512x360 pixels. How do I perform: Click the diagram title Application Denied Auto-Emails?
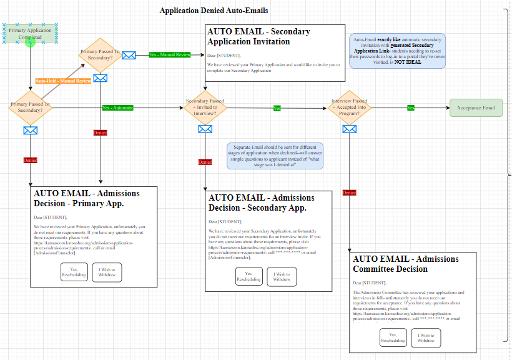click(214, 11)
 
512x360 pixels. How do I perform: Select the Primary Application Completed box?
click(30, 34)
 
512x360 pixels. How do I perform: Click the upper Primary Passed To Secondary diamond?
click(101, 55)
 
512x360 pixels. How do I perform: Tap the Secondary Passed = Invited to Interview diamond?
click(205, 107)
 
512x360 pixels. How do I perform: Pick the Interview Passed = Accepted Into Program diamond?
click(350, 107)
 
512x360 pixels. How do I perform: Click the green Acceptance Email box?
click(476, 107)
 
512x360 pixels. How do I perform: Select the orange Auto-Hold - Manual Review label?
click(63, 81)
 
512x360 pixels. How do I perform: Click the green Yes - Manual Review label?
click(170, 55)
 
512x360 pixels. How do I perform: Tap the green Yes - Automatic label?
click(118, 107)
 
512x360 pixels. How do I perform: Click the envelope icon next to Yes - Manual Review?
click(129, 55)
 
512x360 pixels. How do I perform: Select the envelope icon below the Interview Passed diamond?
click(350, 129)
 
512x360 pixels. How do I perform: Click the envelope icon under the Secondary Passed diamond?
click(205, 129)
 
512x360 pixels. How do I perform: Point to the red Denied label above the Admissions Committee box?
click(350, 192)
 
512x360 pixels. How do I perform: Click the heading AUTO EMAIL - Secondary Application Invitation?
click(258, 36)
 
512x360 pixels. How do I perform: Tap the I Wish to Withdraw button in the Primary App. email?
click(107, 272)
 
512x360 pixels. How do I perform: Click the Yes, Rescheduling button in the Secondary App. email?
click(249, 276)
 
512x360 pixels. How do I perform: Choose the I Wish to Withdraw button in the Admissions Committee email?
click(426, 338)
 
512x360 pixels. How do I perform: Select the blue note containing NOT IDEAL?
click(397, 51)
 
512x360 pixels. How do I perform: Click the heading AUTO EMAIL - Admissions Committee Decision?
click(405, 264)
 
